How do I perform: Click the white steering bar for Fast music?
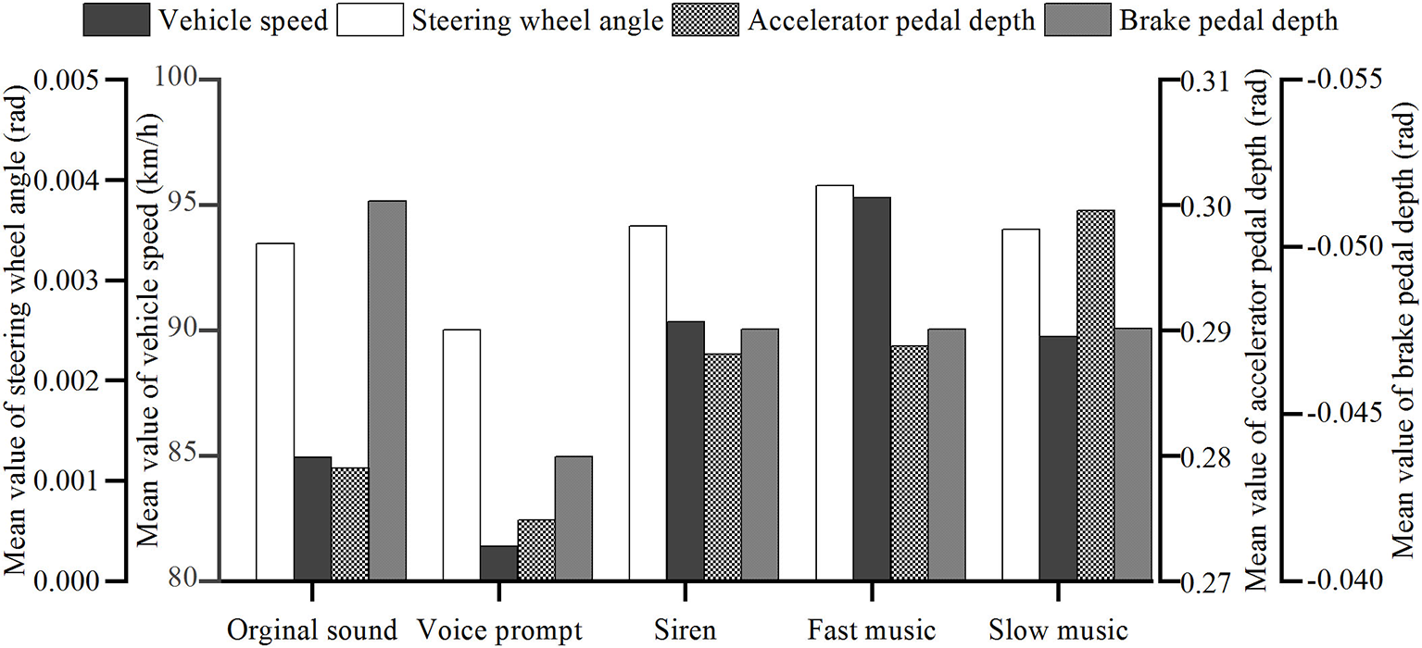pos(834,383)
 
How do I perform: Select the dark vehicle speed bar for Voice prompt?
pos(498,564)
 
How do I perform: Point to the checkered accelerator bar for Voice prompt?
pos(535,550)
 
